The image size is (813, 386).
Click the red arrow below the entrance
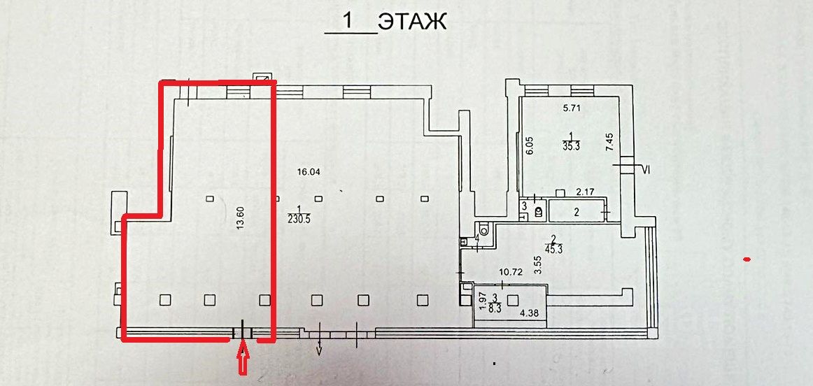coord(243,362)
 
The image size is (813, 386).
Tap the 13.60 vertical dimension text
coord(241,222)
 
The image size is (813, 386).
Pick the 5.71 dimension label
coord(573,108)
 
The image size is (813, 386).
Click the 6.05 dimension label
coord(530,146)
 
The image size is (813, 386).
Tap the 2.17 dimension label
coord(586,190)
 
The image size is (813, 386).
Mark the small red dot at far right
coord(747,260)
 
